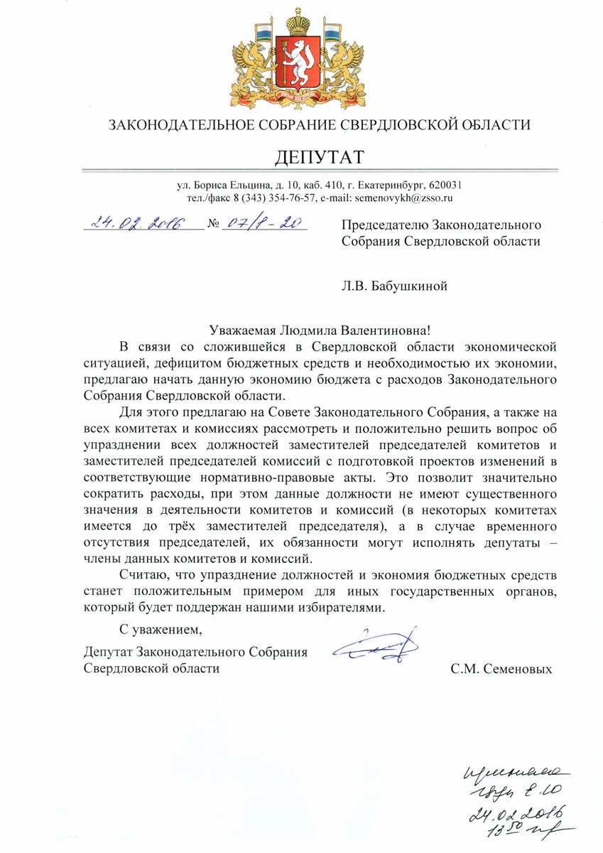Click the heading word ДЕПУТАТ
pyautogui.click(x=318, y=155)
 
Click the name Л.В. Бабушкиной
pyautogui.click(x=396, y=287)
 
